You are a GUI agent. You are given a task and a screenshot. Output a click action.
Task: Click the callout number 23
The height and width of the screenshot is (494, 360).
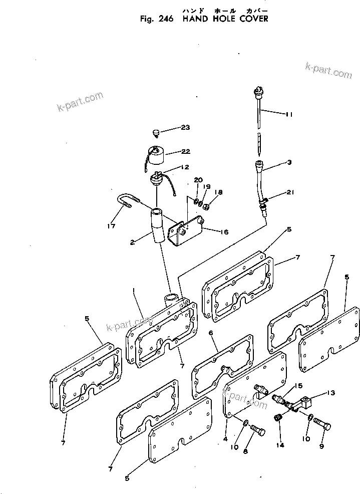[x=186, y=128]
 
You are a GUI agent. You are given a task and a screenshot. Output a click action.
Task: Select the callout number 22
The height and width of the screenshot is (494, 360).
[x=186, y=152]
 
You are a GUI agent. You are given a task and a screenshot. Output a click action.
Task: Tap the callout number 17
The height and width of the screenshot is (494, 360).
[x=111, y=226]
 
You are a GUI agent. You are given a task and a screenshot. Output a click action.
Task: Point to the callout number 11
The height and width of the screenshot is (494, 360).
[x=289, y=114]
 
